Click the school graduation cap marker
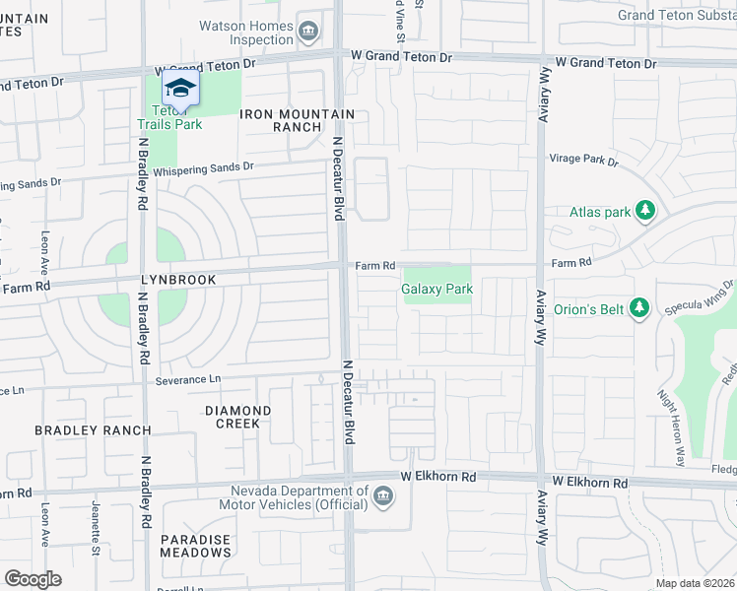pyautogui.click(x=179, y=89)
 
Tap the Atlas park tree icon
pyautogui.click(x=645, y=211)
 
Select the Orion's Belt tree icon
pyautogui.click(x=639, y=309)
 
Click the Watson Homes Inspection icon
pyautogui.click(x=308, y=33)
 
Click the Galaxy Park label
pyautogui.click(x=437, y=289)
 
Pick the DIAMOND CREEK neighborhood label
pyautogui.click(x=237, y=417)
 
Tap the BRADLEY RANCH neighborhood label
pyautogui.click(x=93, y=430)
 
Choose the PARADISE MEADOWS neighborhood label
pyautogui.click(x=196, y=546)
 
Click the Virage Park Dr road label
pyautogui.click(x=583, y=161)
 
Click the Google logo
pyautogui.click(x=33, y=579)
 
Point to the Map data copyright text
pyautogui.click(x=695, y=583)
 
